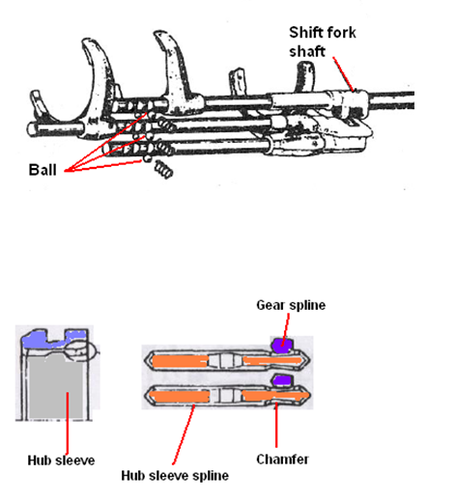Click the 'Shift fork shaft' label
click(323, 42)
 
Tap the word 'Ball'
click(43, 170)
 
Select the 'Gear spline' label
click(291, 305)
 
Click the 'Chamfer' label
click(282, 460)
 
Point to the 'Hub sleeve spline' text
click(175, 476)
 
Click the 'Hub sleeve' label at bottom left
click(61, 460)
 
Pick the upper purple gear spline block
click(282, 345)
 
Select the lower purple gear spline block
click(283, 380)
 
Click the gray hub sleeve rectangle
click(55, 388)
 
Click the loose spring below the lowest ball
click(164, 169)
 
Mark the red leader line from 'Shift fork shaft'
click(344, 74)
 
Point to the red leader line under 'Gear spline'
click(285, 329)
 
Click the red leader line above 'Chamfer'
click(276, 425)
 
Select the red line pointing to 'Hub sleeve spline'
click(184, 434)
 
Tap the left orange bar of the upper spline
click(180, 362)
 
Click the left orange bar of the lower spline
click(180, 397)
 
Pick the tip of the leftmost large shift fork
click(86, 41)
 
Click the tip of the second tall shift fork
click(158, 33)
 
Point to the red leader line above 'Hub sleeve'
click(67, 423)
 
